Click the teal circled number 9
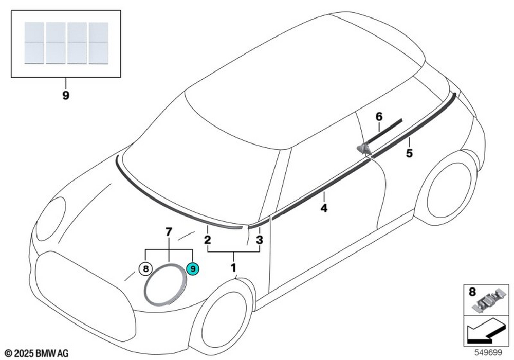click(x=193, y=269)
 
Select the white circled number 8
click(x=146, y=269)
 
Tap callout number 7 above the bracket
click(x=169, y=232)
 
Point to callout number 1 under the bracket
click(x=233, y=267)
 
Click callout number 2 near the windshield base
click(x=207, y=240)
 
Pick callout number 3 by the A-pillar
click(x=259, y=240)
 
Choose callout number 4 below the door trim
click(x=324, y=208)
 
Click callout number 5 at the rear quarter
click(x=409, y=153)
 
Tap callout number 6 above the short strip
click(x=379, y=116)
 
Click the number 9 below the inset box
click(x=66, y=96)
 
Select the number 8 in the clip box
click(x=472, y=292)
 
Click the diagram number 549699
click(x=488, y=352)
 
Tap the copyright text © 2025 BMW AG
click(x=36, y=353)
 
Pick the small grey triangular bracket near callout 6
click(x=364, y=149)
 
